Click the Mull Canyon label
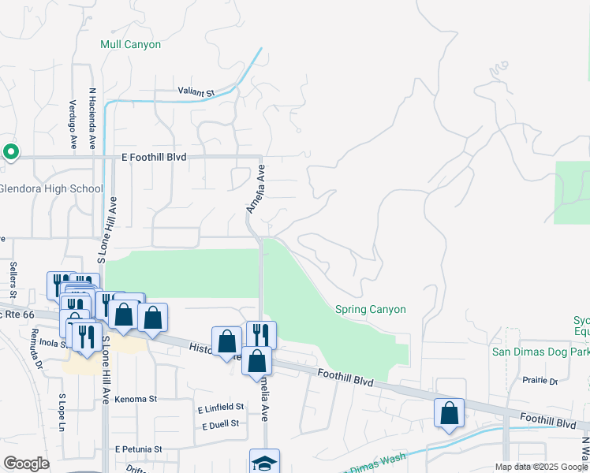(130, 45)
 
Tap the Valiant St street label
(196, 93)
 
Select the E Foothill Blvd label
(154, 158)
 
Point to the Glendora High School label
(51, 189)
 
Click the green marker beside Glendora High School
(11, 151)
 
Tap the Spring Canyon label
(370, 310)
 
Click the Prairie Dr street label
(540, 381)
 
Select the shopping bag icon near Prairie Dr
(449, 413)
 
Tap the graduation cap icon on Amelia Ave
(264, 463)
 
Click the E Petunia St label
(137, 449)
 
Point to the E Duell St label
(220, 425)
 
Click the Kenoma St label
(135, 400)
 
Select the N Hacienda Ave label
(92, 118)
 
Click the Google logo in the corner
(27, 464)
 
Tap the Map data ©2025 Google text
(540, 467)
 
